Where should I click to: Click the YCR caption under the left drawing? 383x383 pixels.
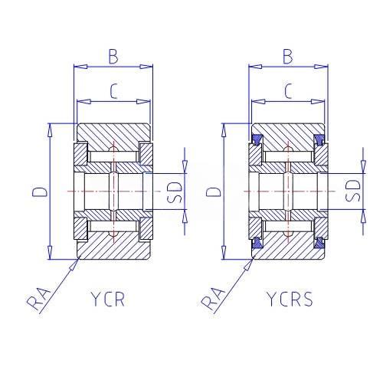pyautogui.click(x=108, y=299)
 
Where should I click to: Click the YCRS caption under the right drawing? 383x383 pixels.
pyautogui.click(x=290, y=299)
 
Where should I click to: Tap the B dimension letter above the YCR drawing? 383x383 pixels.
pyautogui.click(x=113, y=56)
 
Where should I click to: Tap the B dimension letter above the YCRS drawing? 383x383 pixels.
pyautogui.click(x=288, y=56)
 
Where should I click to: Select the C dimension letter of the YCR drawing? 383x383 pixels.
pyautogui.click(x=113, y=91)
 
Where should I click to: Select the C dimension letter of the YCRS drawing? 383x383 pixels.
pyautogui.click(x=288, y=91)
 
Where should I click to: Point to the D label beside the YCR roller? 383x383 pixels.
pyautogui.click(x=40, y=191)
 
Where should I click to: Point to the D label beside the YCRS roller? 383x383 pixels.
pyautogui.click(x=213, y=191)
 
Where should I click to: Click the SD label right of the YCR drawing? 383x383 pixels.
pyautogui.click(x=175, y=192)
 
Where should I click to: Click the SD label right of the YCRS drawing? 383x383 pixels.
pyautogui.click(x=352, y=191)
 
